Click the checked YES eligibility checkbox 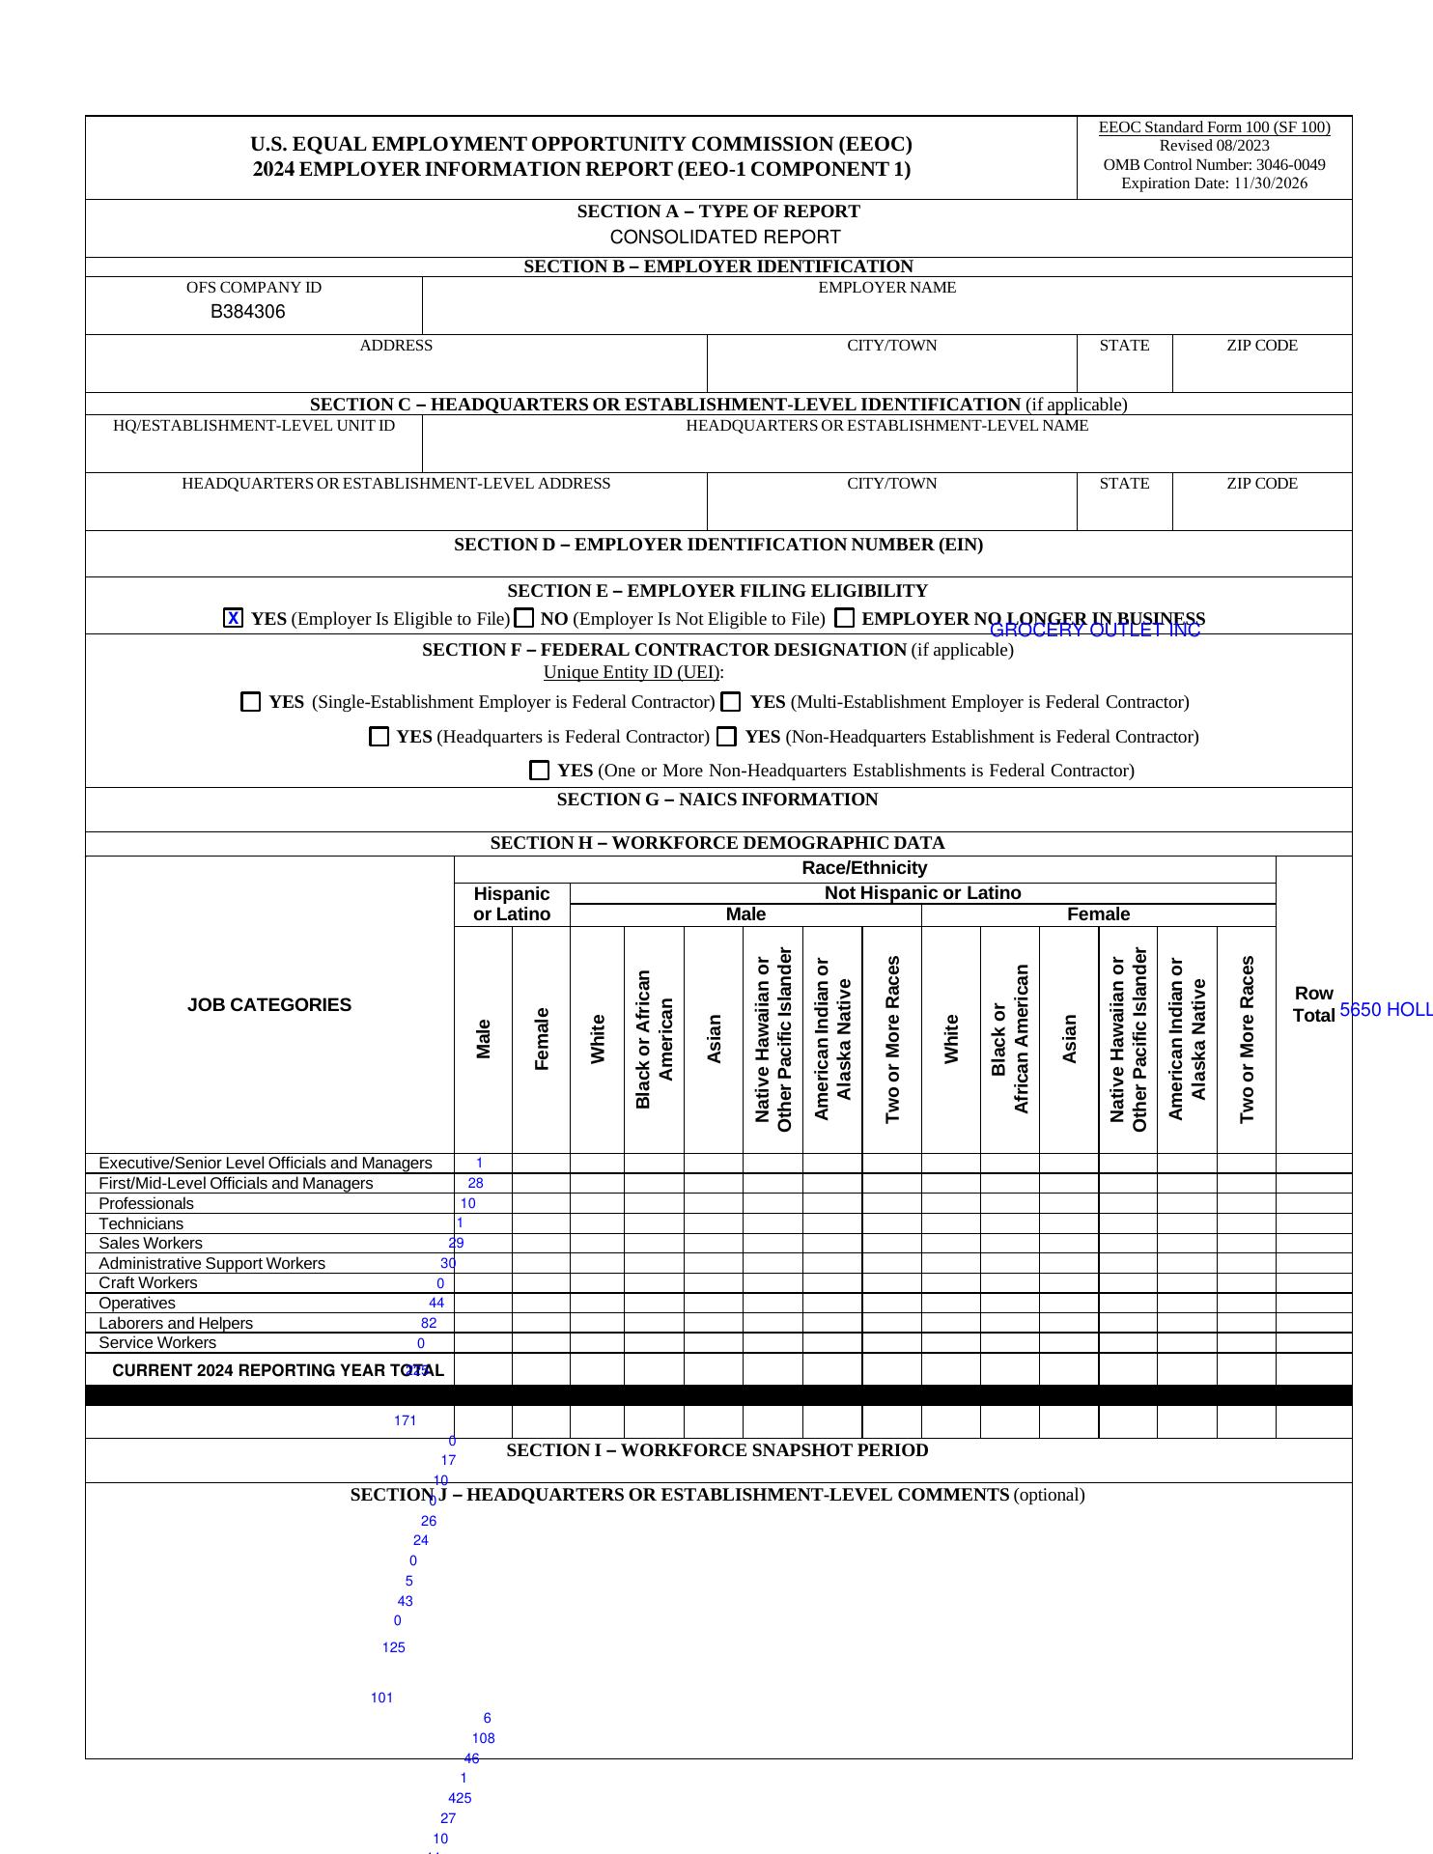233,618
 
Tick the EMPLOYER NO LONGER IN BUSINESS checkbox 845,618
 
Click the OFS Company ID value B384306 248,312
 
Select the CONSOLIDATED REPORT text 725,238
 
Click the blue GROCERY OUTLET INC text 1095,631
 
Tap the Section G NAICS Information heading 717,800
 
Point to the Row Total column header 1313,1004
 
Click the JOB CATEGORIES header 269,1005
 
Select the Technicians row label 141,1223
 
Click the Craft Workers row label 148,1283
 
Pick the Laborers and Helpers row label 176,1323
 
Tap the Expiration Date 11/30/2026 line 1214,183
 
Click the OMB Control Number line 1214,165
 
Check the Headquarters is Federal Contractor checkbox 379,737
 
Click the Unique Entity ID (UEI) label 632,672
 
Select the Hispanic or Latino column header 512,904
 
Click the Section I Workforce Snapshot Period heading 717,1450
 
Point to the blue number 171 405,1420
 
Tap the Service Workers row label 157,1343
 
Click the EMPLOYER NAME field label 886,288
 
